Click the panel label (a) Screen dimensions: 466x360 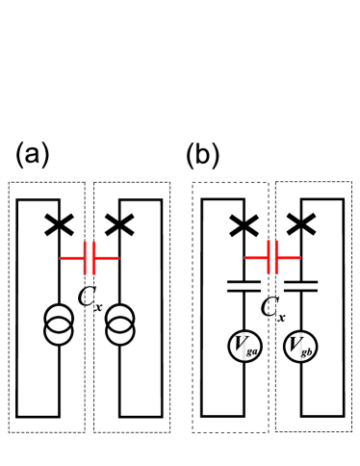33,154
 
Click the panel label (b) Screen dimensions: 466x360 204,154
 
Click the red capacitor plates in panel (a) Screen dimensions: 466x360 90,258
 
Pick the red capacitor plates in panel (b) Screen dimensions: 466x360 273,258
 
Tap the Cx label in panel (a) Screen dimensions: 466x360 90,297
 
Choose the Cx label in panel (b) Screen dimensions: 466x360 273,308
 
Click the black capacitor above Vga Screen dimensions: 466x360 244,285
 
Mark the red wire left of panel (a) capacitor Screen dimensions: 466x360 72,258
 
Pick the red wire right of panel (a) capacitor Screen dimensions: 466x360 106,258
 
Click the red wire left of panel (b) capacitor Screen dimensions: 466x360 256,258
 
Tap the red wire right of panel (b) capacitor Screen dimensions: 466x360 290,258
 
